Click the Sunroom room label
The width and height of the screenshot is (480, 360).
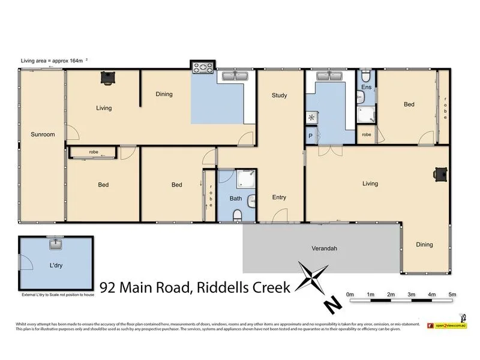click(x=43, y=134)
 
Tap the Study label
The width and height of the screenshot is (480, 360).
click(x=279, y=95)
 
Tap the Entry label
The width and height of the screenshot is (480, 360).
click(x=279, y=197)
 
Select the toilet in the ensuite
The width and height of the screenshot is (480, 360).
click(x=366, y=77)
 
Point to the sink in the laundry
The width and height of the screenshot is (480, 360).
click(x=56, y=244)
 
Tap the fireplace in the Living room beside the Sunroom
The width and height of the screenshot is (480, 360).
click(x=107, y=77)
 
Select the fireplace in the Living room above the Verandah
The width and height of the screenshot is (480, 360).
click(x=440, y=174)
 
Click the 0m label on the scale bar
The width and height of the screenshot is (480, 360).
click(x=350, y=295)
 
